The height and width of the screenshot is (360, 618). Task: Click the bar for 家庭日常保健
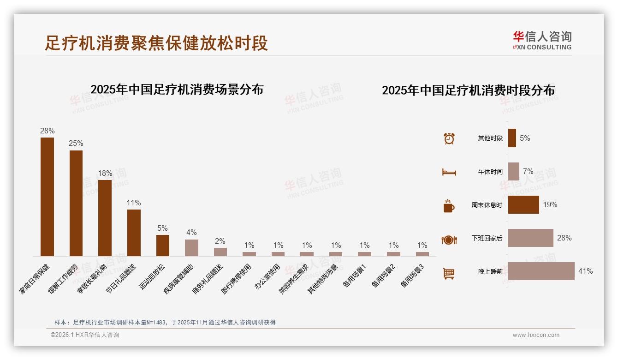[x=47, y=197]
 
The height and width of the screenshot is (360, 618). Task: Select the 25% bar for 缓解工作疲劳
[x=76, y=203]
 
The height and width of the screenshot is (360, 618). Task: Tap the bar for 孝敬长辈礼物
[x=105, y=218]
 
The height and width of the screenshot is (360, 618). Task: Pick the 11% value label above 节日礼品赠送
[x=134, y=203]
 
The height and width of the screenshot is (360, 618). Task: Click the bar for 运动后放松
[x=163, y=245]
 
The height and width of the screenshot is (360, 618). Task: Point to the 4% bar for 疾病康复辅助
[x=191, y=247]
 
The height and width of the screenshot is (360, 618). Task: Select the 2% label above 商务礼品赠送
[x=220, y=241]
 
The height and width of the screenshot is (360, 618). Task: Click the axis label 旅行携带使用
[x=237, y=279]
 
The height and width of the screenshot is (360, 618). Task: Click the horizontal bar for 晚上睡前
[x=541, y=271]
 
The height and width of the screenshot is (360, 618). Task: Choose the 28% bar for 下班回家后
[x=530, y=238]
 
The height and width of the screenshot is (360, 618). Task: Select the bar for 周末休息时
[x=523, y=204]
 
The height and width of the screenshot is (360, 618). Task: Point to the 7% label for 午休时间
[x=528, y=172]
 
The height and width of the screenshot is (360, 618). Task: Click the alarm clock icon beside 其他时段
[x=449, y=138]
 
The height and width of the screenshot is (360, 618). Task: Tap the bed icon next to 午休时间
[x=449, y=172]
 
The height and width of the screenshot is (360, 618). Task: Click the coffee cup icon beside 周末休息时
[x=449, y=206]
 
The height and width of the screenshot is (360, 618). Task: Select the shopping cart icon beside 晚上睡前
[x=449, y=273]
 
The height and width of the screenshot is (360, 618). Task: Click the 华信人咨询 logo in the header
[x=542, y=40]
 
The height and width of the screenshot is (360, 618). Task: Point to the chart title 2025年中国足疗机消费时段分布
[x=468, y=90]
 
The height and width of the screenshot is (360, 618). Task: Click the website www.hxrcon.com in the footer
[x=536, y=335]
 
